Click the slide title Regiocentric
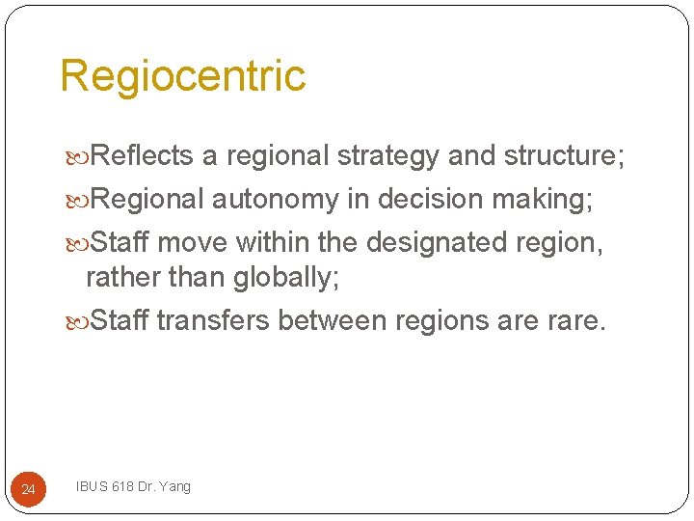(183, 76)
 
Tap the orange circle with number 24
(28, 490)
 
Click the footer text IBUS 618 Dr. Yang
(133, 486)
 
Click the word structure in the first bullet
(563, 156)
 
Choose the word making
(546, 200)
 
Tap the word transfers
(213, 320)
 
